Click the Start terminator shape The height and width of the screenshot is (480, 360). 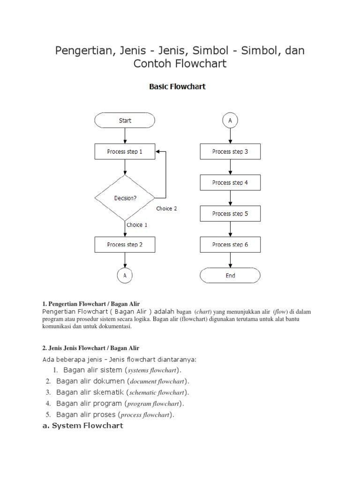click(x=125, y=120)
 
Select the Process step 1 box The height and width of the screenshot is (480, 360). click(x=125, y=152)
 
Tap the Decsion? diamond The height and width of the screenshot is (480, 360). click(x=125, y=198)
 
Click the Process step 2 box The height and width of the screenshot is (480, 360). click(x=125, y=245)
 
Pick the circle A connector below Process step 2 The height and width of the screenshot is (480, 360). click(x=125, y=276)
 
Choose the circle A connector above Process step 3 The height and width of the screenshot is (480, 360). click(x=230, y=120)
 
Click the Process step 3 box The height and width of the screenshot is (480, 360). click(x=230, y=152)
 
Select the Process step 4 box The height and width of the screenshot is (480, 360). click(x=230, y=183)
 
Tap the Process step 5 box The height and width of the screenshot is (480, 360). click(x=230, y=214)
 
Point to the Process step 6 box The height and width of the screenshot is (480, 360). click(x=230, y=245)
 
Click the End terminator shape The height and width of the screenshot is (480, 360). click(x=230, y=276)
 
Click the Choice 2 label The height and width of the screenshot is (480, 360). click(x=166, y=209)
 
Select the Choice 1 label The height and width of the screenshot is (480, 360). click(x=137, y=225)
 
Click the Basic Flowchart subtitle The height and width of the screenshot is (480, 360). click(x=177, y=87)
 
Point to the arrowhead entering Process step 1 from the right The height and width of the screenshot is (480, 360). click(x=157, y=152)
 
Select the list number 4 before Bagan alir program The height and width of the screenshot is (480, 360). click(x=48, y=404)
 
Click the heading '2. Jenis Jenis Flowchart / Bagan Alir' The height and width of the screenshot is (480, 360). click(x=91, y=348)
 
